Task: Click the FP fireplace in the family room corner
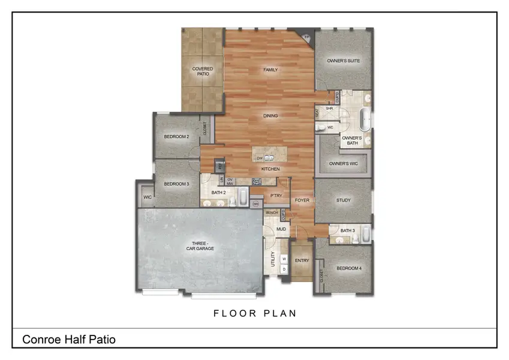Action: tap(306, 37)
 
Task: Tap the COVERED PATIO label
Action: tap(203, 71)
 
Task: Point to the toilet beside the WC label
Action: tap(321, 127)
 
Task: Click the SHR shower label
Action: tap(329, 109)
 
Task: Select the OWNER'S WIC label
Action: tap(344, 163)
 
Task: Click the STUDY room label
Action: tap(344, 200)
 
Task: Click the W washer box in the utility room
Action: tap(284, 259)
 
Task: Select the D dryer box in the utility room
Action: tap(284, 269)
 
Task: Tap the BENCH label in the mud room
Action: tap(272, 213)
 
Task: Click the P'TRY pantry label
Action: tap(276, 196)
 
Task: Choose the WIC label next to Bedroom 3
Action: tap(147, 197)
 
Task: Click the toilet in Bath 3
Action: tap(356, 239)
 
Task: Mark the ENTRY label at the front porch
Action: tap(302, 260)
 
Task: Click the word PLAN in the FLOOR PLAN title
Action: tap(278, 313)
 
